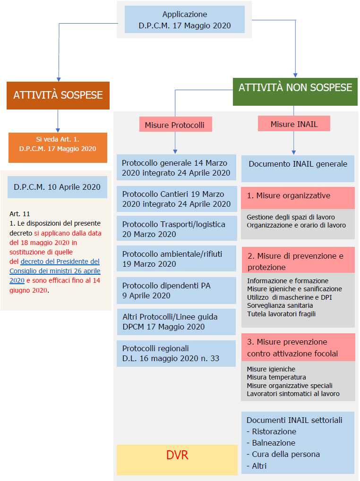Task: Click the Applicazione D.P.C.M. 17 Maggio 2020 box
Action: point(184,20)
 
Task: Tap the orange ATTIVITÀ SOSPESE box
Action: point(58,95)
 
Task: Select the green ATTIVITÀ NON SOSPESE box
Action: point(295,92)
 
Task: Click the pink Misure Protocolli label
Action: point(176,124)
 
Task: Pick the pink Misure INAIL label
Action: point(294,124)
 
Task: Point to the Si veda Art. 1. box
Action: point(58,148)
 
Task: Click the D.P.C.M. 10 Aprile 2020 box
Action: point(57,187)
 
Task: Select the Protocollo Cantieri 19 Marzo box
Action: point(177,199)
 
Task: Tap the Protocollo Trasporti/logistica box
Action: point(177,228)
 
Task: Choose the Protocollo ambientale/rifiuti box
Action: point(177,258)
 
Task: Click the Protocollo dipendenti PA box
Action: point(177,290)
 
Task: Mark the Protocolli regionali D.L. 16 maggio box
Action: point(176,354)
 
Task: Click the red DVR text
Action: point(177,455)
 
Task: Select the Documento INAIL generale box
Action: point(298,169)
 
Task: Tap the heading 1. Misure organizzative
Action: point(289,196)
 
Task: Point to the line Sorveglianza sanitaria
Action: point(280,305)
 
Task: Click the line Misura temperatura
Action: point(276,377)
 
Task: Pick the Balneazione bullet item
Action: point(271,443)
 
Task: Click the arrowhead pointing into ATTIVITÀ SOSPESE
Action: point(59,79)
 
